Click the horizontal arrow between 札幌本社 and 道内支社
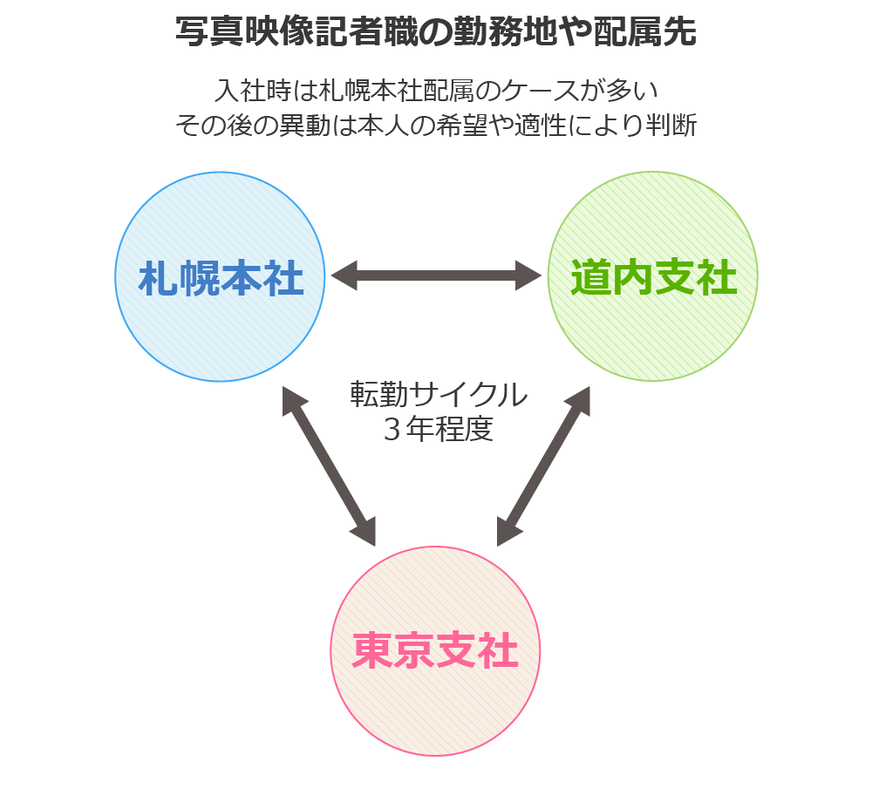(436, 276)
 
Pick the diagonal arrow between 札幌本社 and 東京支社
(330, 467)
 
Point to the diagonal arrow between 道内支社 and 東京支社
(543, 467)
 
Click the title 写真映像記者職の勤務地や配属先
(436, 32)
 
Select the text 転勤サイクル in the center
(439, 395)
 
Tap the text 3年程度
(439, 430)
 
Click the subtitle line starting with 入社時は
(436, 91)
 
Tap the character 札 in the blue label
(159, 280)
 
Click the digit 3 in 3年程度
(392, 430)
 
